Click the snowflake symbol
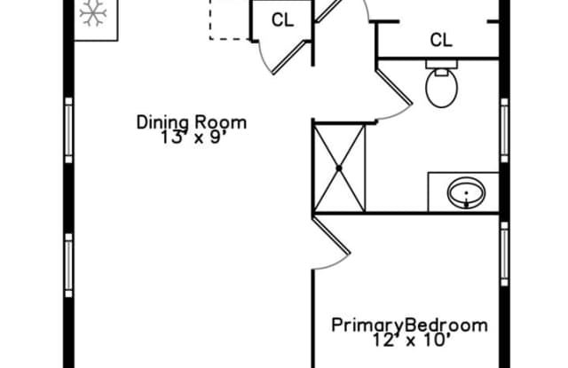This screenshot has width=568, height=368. [x=93, y=13]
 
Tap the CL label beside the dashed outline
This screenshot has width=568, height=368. [x=282, y=20]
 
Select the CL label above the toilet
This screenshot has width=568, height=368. [x=441, y=40]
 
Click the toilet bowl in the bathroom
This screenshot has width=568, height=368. [x=442, y=89]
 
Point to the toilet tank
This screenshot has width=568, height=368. [x=442, y=65]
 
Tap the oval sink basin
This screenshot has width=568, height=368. [x=466, y=192]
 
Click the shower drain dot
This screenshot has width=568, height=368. [x=339, y=168]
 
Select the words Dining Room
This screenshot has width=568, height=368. [x=192, y=122]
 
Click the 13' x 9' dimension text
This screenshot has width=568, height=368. [x=191, y=137]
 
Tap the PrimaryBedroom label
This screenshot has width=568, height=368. [x=410, y=325]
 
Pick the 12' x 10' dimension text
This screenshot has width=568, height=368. [x=412, y=341]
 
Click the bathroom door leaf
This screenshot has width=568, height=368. [x=394, y=86]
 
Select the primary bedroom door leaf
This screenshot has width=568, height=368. [x=331, y=235]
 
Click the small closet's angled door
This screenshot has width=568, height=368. [x=290, y=57]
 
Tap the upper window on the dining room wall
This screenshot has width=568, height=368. [x=69, y=130]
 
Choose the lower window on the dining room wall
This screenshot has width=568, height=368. [x=69, y=266]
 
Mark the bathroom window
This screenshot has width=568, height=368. [x=504, y=130]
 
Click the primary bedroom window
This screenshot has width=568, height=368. [x=504, y=254]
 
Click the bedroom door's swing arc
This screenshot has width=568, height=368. [x=336, y=264]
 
